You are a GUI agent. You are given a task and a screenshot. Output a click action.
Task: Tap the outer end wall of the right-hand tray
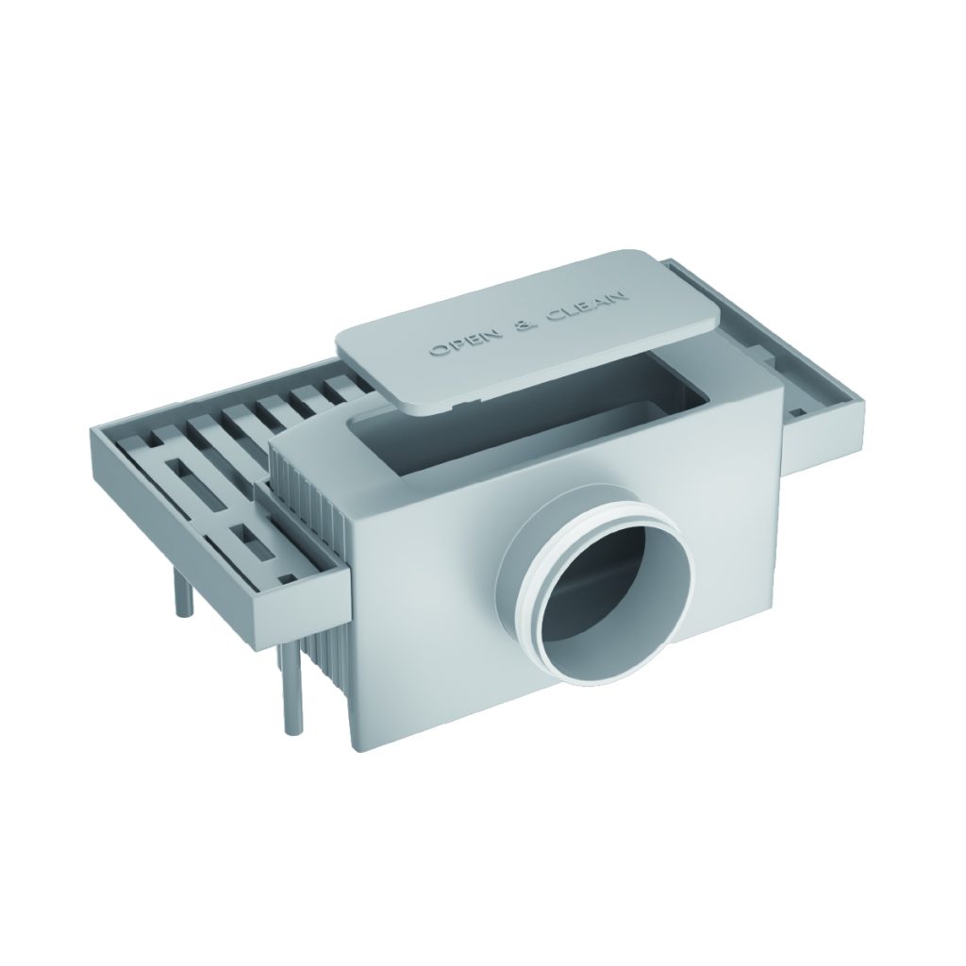pyautogui.click(x=840, y=435)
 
